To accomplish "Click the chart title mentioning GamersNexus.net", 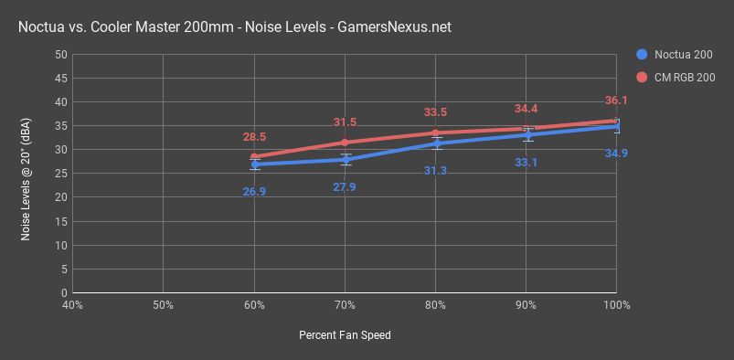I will pos(234,28).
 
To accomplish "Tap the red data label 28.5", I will pos(254,137).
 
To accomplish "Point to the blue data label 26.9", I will pos(254,191).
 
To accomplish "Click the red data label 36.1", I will pos(616,101).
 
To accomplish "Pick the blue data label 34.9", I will pos(616,153).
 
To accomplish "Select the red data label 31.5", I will pos(345,122).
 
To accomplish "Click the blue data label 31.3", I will pos(435,171).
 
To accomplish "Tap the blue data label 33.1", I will pos(526,163).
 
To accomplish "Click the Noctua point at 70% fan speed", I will pos(345,159).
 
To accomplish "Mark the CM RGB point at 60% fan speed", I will pos(254,156).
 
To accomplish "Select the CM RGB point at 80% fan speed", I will pos(435,132).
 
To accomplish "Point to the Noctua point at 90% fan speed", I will pos(527,134).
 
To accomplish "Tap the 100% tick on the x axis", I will pos(616,304).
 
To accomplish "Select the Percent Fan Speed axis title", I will pos(345,335).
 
